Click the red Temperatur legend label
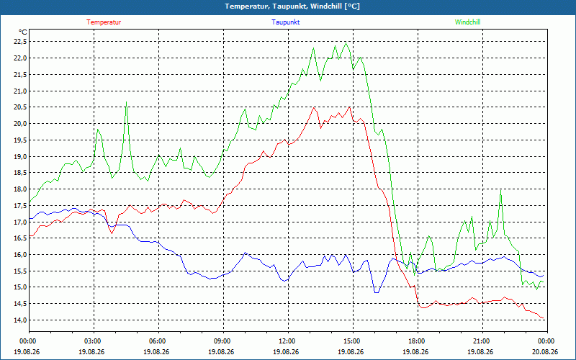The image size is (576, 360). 104,22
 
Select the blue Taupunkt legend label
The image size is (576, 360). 285,22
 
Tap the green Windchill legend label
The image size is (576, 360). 467,22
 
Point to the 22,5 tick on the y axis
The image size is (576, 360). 20,42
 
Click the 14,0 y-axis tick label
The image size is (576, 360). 20,320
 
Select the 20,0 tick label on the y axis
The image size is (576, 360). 20,123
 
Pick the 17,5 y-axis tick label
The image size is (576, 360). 20,205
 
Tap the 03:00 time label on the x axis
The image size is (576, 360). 94,341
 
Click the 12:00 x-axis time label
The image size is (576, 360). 288,341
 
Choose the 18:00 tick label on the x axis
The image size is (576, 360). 418,341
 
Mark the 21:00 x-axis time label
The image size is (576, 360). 482,341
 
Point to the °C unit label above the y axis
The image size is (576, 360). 22,32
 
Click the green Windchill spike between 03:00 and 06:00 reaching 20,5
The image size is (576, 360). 127,102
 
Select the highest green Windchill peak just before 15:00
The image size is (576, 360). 346,43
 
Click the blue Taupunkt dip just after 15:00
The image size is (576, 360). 376,292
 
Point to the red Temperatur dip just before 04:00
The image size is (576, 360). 112,233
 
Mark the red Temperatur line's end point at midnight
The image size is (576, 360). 544,318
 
